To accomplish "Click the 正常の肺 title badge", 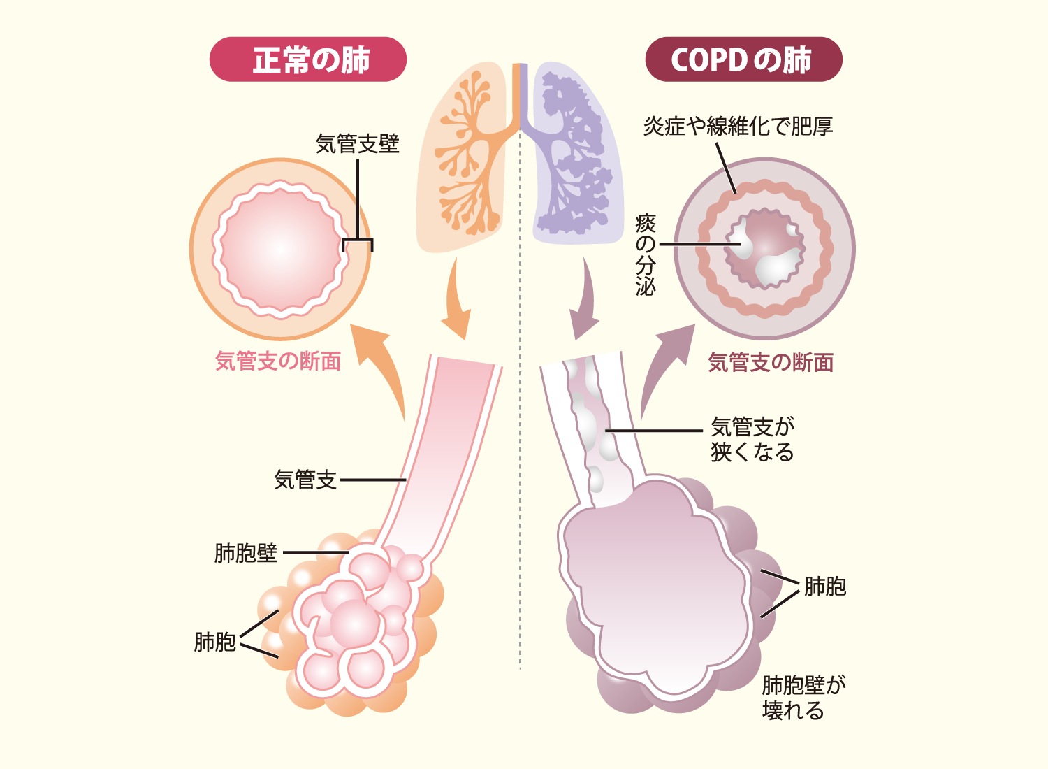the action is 308,59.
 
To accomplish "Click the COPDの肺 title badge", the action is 743,59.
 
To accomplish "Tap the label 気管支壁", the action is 358,143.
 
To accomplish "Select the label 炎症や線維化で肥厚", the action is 738,126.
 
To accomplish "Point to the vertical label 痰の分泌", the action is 645,254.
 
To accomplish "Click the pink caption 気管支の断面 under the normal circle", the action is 278,361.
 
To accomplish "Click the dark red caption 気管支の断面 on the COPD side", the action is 771,362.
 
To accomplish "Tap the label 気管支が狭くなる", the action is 752,439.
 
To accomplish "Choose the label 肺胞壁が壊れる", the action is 803,698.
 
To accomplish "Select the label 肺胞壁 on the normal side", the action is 246,553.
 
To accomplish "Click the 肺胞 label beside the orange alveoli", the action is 214,642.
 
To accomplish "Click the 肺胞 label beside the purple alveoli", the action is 825,586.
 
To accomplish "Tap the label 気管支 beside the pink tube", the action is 305,480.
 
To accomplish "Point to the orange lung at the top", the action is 463,157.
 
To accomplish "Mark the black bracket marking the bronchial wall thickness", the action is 358,240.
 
